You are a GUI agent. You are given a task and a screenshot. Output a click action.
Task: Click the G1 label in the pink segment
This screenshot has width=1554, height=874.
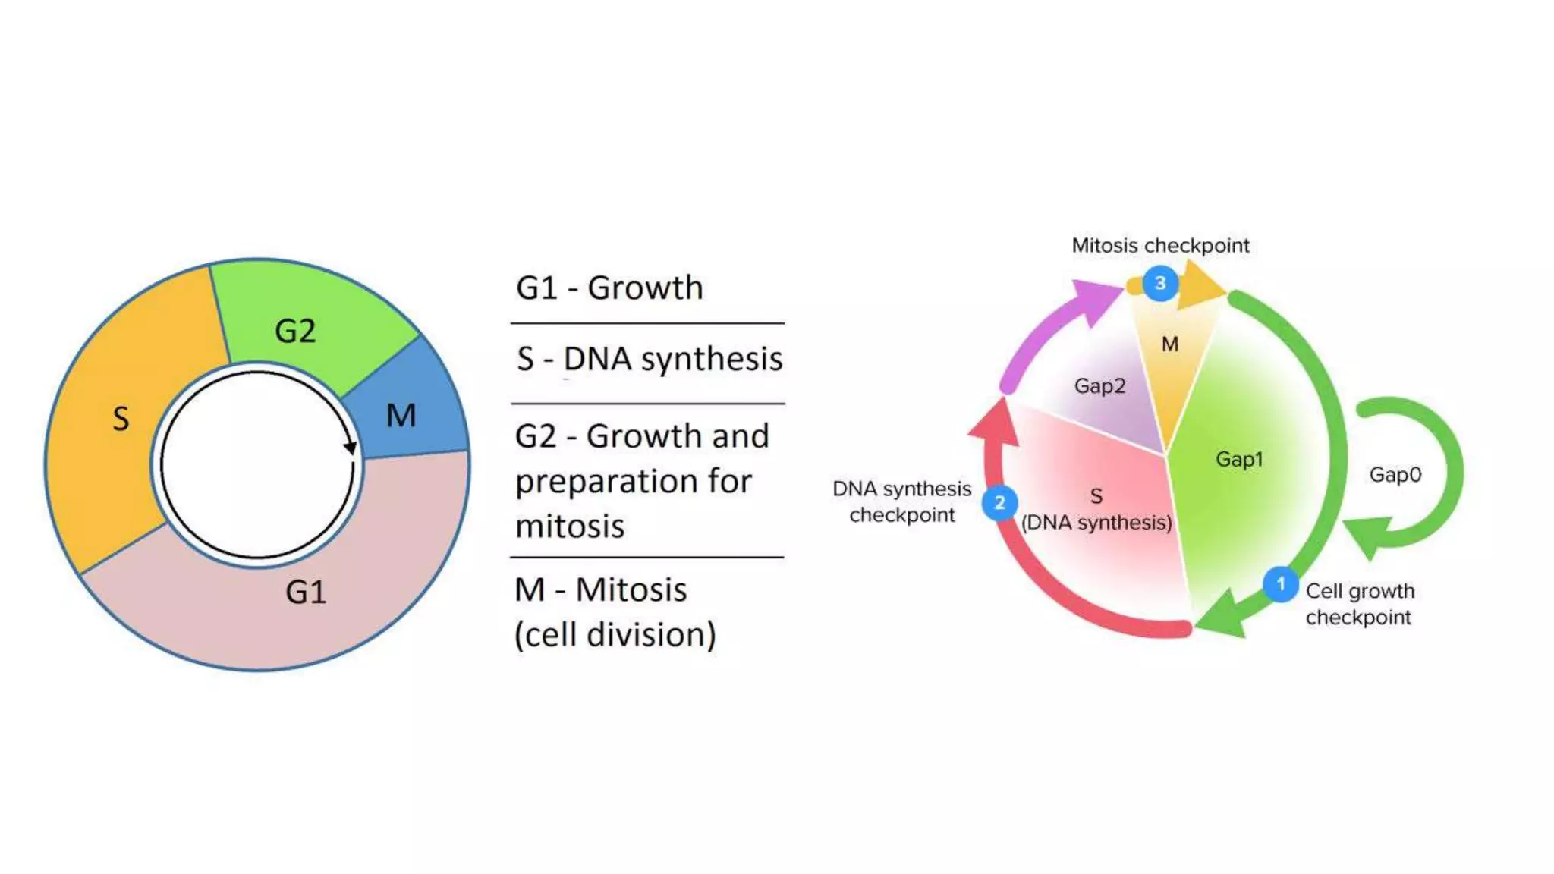(306, 592)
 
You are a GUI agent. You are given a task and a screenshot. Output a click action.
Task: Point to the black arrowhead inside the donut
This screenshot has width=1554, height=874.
(350, 448)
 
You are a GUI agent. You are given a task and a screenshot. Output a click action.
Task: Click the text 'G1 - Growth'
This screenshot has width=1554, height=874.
(609, 288)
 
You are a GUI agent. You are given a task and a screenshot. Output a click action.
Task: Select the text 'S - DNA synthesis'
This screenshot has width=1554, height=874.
(649, 359)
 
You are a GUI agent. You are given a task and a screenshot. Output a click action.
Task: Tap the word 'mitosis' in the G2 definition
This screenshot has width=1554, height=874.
(570, 526)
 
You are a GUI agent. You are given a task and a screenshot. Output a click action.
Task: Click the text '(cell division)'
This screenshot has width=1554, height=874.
(615, 634)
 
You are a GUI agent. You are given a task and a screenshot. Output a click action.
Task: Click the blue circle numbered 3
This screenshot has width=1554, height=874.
(1160, 283)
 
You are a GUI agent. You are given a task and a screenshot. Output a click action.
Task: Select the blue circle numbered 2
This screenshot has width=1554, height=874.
(999, 502)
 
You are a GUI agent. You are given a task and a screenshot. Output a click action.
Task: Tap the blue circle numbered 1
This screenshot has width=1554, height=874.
(1281, 584)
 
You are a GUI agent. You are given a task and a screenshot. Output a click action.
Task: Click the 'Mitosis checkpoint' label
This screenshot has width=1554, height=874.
(1160, 245)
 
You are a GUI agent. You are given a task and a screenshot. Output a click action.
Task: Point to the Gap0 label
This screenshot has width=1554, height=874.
(1395, 475)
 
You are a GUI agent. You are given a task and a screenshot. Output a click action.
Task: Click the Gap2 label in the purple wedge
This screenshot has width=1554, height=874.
(1099, 385)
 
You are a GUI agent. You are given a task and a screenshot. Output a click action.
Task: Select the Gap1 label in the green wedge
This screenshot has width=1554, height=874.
(1239, 459)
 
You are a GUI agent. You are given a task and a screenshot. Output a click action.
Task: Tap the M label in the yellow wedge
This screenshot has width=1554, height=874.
(1170, 344)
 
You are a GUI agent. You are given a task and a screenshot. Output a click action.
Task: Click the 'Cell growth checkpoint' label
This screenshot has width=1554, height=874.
(1359, 604)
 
